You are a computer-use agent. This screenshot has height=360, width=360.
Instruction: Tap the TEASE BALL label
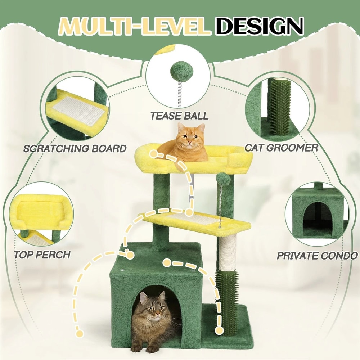[179, 116]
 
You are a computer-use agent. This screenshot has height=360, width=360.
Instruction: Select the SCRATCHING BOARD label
[75, 148]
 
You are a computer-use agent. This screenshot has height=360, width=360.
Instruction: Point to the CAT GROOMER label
[281, 148]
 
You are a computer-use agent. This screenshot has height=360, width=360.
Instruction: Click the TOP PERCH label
[42, 255]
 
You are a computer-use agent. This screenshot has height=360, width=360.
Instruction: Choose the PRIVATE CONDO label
[317, 256]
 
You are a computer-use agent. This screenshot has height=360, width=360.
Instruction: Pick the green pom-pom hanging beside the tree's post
[222, 179]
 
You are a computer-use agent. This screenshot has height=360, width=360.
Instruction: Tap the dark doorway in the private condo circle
[317, 218]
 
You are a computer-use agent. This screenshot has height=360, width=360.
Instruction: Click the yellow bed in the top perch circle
[40, 212]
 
